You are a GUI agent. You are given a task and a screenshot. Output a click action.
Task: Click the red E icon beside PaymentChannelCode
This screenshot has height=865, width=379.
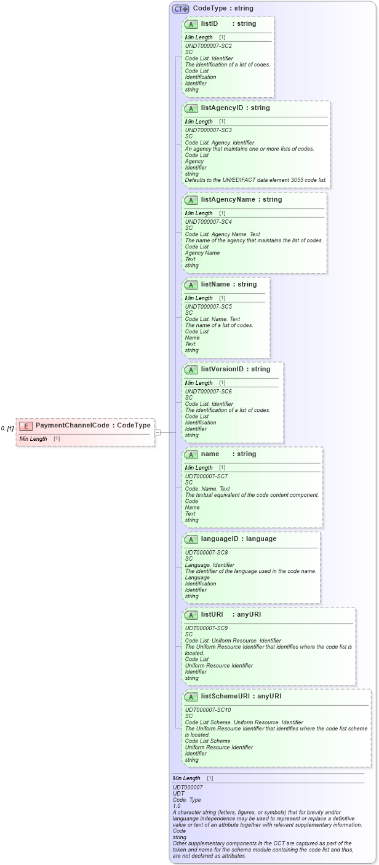point(26,426)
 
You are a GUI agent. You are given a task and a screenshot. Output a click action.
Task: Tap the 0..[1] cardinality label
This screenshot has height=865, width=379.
point(7,429)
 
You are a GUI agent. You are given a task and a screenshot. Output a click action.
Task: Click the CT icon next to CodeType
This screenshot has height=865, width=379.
point(180,9)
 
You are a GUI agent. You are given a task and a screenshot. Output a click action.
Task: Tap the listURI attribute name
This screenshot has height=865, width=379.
point(212,615)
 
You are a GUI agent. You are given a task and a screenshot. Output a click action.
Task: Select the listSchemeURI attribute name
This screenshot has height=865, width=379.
point(227,697)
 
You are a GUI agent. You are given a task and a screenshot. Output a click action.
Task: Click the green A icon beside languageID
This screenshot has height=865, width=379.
point(191,539)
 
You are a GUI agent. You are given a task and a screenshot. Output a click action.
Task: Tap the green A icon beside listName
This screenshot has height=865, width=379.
point(191,285)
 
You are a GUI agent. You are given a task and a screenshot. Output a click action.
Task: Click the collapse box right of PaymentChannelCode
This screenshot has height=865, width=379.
point(158,432)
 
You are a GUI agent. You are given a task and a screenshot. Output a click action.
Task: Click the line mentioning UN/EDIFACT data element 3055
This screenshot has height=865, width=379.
point(256,180)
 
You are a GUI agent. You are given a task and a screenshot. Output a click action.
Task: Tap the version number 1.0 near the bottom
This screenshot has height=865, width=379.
point(177,806)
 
